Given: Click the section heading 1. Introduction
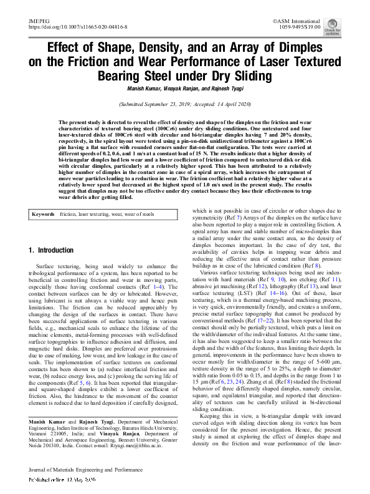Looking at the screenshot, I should click(51, 250).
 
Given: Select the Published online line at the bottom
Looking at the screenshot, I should click(62, 481).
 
